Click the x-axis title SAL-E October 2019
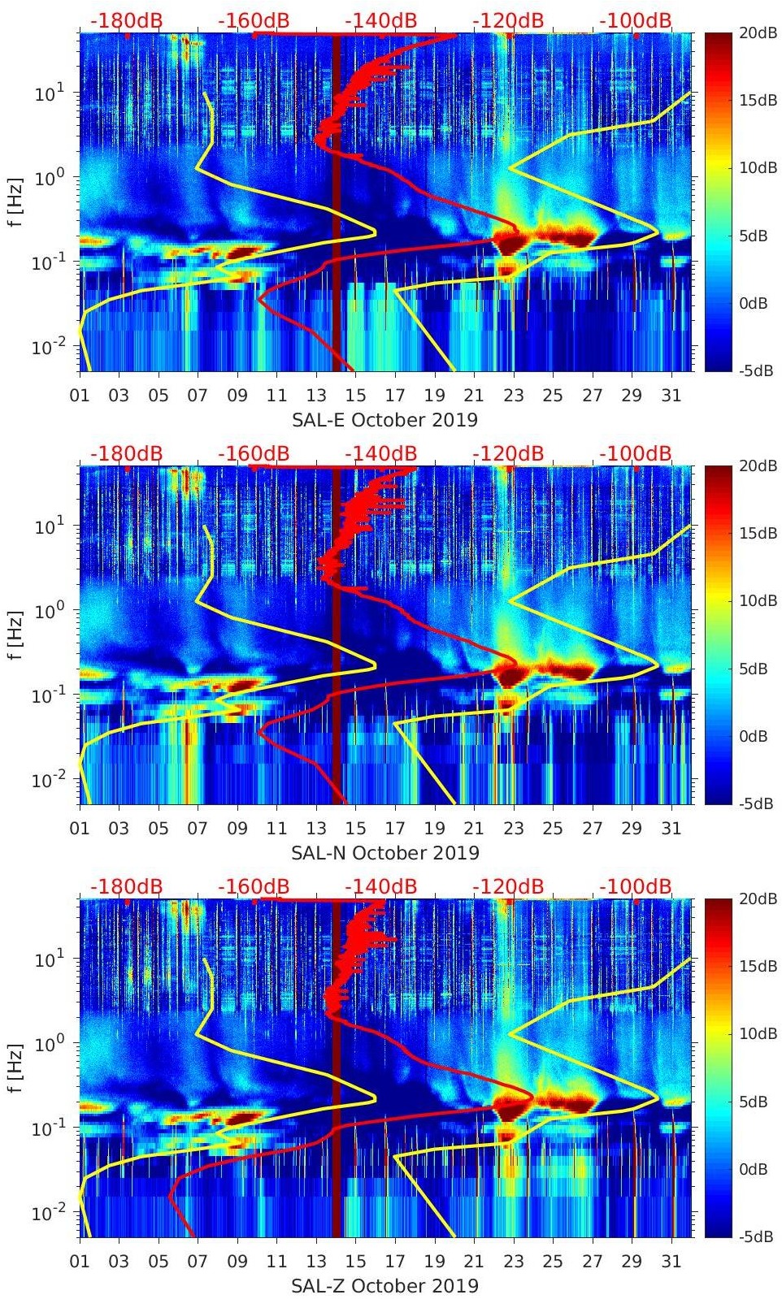[384, 420]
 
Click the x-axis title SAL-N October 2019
[384, 853]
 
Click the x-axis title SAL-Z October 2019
[384, 1286]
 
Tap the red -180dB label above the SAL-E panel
[126, 20]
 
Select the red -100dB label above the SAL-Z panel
[636, 886]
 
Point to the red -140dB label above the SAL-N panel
[380, 453]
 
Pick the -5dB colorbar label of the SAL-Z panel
[756, 1237]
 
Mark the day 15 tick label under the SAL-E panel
[355, 396]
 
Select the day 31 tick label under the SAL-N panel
[671, 829]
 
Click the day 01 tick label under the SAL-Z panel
[80, 1262]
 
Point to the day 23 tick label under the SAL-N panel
[513, 829]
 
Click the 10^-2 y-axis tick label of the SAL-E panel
[49, 348]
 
